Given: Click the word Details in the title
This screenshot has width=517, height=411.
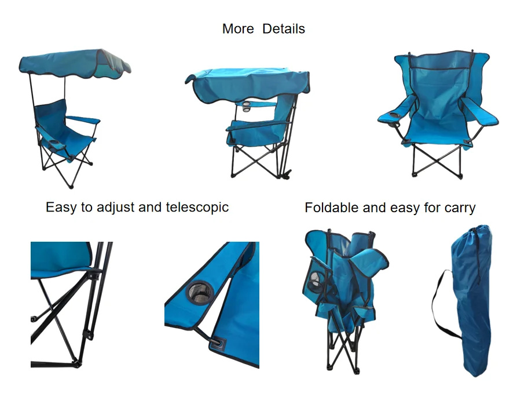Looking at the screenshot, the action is (x=284, y=29).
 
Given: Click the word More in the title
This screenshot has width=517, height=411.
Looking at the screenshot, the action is (x=238, y=29).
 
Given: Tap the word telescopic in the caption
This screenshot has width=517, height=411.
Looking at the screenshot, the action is (x=197, y=208).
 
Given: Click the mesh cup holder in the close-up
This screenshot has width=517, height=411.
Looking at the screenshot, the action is (x=200, y=292).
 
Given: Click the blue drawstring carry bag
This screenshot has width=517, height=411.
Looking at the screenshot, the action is (x=471, y=300).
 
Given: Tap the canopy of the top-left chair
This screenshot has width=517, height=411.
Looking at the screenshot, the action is (x=75, y=64).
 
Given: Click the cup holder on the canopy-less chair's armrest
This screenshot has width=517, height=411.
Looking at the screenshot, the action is (x=394, y=115).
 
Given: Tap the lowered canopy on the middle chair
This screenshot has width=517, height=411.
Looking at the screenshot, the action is (x=247, y=83).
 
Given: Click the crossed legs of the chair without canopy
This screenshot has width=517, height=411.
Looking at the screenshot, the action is (x=437, y=161).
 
